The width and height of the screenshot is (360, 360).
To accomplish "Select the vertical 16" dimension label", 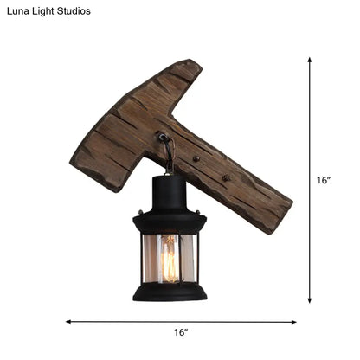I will (324, 181).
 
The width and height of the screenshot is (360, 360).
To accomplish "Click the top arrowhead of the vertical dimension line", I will (310, 61).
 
